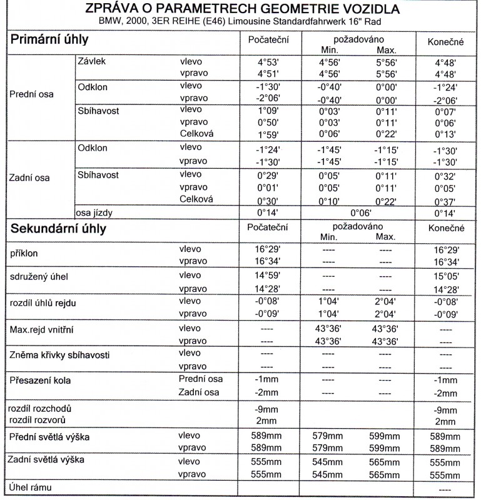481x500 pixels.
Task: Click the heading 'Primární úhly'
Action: (x=49, y=39)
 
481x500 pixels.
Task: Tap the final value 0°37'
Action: (x=445, y=201)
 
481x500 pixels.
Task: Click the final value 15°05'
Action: (x=445, y=276)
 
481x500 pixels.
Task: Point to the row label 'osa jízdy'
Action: (x=98, y=212)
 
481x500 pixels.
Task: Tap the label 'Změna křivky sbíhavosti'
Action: (x=60, y=355)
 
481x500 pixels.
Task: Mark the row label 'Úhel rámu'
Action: (x=29, y=487)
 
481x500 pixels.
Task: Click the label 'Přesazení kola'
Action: (x=41, y=380)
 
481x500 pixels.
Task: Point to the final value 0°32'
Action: (x=445, y=177)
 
